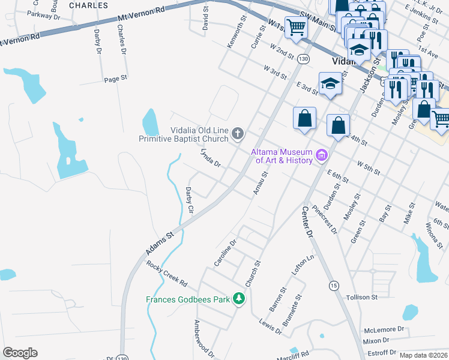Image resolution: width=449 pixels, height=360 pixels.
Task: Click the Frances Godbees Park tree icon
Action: click(239, 299)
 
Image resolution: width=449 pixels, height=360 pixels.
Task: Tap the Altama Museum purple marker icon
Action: click(322, 156)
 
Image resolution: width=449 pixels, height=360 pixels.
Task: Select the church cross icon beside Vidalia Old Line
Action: click(238, 134)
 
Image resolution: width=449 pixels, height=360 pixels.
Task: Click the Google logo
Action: click(20, 353)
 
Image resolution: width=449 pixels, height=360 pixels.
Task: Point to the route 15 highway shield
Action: click(333, 285)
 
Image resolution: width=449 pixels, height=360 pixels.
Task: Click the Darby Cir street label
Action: click(189, 200)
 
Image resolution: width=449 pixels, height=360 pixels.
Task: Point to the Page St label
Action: click(116, 79)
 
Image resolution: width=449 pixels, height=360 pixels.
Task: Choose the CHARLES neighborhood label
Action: click(88, 5)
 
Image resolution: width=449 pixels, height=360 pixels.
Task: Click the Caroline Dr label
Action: click(226, 253)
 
